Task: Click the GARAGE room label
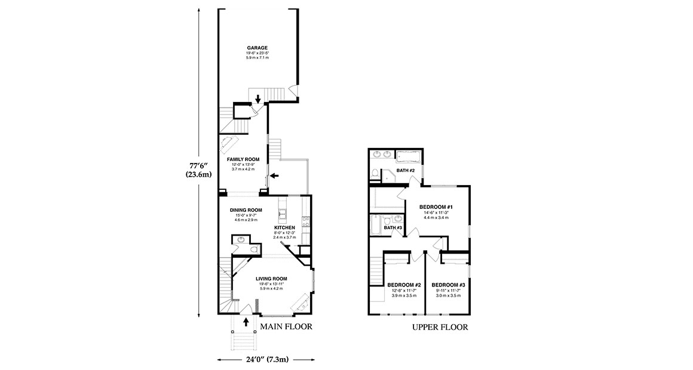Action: [257, 48]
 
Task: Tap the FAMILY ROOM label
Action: [243, 159]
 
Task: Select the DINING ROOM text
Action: [246, 210]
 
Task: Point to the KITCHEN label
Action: [285, 228]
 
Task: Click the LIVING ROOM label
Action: [271, 279]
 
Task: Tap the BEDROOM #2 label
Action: [404, 285]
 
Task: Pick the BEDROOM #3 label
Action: [448, 285]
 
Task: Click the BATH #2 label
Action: [406, 171]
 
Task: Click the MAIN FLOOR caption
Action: [286, 327]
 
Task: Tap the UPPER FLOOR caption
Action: [440, 328]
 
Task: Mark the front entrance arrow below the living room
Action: [247, 323]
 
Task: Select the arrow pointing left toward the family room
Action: [274, 175]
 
